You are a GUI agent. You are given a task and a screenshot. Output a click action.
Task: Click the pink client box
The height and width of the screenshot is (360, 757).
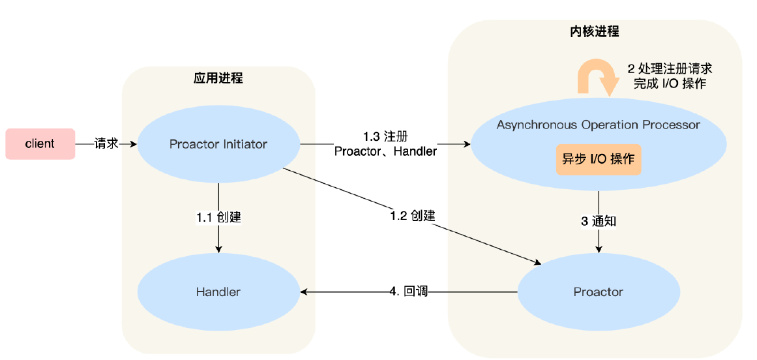coord(40,144)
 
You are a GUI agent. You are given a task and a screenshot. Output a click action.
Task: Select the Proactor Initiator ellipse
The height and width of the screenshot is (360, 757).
coord(218,144)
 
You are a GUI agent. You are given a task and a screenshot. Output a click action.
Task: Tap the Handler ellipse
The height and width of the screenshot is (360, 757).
coord(218,292)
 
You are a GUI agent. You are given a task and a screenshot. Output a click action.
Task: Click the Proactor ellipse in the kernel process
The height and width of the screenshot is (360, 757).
coord(598,292)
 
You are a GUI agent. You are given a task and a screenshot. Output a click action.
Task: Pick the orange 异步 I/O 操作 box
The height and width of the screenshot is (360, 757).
coord(598,160)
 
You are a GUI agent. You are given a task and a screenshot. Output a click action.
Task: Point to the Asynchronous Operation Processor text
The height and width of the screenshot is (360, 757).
coord(598,125)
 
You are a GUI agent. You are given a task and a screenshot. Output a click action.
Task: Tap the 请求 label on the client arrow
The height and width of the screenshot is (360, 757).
coord(106,143)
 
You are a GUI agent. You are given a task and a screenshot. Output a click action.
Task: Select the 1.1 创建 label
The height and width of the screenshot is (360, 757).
coord(218,217)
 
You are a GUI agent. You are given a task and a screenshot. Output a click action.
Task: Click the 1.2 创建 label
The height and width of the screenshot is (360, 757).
coord(412,216)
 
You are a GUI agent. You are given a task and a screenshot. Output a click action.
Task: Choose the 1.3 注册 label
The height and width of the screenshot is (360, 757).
coord(385,136)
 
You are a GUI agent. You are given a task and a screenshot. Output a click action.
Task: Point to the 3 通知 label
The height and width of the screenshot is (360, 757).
coord(598,221)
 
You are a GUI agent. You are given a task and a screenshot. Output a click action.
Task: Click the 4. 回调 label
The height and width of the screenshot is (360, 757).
coord(408,292)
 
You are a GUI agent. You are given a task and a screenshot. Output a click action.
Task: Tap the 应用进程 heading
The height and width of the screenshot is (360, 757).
coord(218,78)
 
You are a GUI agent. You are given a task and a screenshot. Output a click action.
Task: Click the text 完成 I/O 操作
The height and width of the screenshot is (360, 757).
coord(670,83)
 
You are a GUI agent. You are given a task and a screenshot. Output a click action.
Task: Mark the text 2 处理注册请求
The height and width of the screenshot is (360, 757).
coord(670,68)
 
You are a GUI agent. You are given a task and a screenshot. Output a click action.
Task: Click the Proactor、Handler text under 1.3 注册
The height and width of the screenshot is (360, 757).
coord(385,151)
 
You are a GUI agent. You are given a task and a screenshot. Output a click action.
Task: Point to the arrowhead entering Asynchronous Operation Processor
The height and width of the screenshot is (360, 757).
coord(466,143)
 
